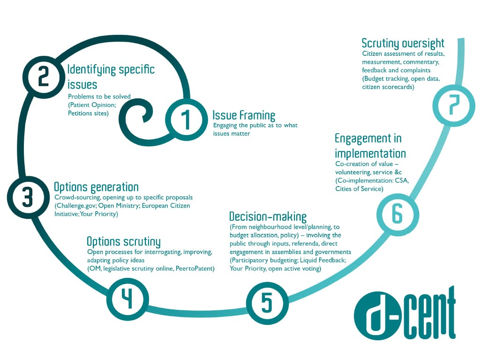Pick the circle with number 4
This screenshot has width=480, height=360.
tap(127, 299)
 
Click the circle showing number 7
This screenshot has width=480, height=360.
tap(452, 107)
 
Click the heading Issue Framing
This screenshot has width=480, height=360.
tap(244, 115)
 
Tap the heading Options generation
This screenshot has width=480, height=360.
tap(96, 187)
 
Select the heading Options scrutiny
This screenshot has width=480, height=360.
tap(124, 242)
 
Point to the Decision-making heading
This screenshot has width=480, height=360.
tap(268, 217)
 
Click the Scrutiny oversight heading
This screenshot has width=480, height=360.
tap(403, 44)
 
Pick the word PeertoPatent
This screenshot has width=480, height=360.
tap(194, 268)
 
